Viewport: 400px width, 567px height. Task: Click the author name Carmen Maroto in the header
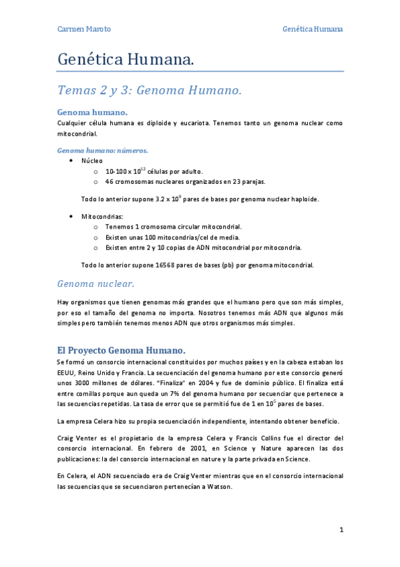coord(83,29)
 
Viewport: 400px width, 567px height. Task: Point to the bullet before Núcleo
coord(71,161)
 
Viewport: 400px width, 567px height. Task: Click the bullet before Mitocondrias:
coord(71,217)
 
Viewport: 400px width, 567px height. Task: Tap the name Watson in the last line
coord(219,486)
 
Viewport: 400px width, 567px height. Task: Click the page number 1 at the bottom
coord(341,530)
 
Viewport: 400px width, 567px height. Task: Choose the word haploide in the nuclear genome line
coord(302,199)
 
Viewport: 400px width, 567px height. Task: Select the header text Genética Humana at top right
coord(313,29)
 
